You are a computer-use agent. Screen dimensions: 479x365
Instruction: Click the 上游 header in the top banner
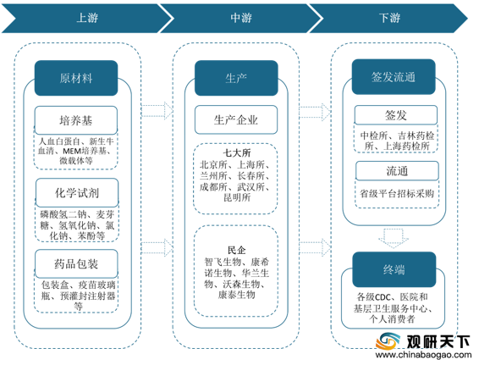[87, 18]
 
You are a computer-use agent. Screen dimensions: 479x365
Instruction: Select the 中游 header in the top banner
[241, 18]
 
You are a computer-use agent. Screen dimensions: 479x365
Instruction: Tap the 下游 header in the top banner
[389, 18]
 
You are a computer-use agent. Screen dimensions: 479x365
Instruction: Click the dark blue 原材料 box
[76, 78]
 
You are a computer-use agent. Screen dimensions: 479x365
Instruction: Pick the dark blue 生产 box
[236, 78]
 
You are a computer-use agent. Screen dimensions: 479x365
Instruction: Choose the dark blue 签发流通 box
[394, 77]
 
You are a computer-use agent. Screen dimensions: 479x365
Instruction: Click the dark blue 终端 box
[394, 269]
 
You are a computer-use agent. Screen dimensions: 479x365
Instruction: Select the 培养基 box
[76, 120]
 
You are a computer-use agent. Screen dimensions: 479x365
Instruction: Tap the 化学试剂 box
[77, 192]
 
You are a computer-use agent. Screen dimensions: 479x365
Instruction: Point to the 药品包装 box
[76, 263]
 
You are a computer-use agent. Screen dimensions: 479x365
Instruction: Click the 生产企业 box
[236, 120]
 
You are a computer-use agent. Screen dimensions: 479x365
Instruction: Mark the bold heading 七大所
[236, 152]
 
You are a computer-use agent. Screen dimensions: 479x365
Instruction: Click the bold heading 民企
[236, 250]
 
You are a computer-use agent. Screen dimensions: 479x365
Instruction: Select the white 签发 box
[396, 115]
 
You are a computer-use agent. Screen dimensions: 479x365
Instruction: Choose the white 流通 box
[397, 171]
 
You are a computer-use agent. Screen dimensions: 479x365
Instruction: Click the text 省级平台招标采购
[397, 193]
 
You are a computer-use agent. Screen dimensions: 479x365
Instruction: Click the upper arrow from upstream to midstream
[157, 110]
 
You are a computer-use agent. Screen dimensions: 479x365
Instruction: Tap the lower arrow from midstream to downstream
[315, 247]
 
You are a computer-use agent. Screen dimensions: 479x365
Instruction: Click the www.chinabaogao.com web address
[423, 355]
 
